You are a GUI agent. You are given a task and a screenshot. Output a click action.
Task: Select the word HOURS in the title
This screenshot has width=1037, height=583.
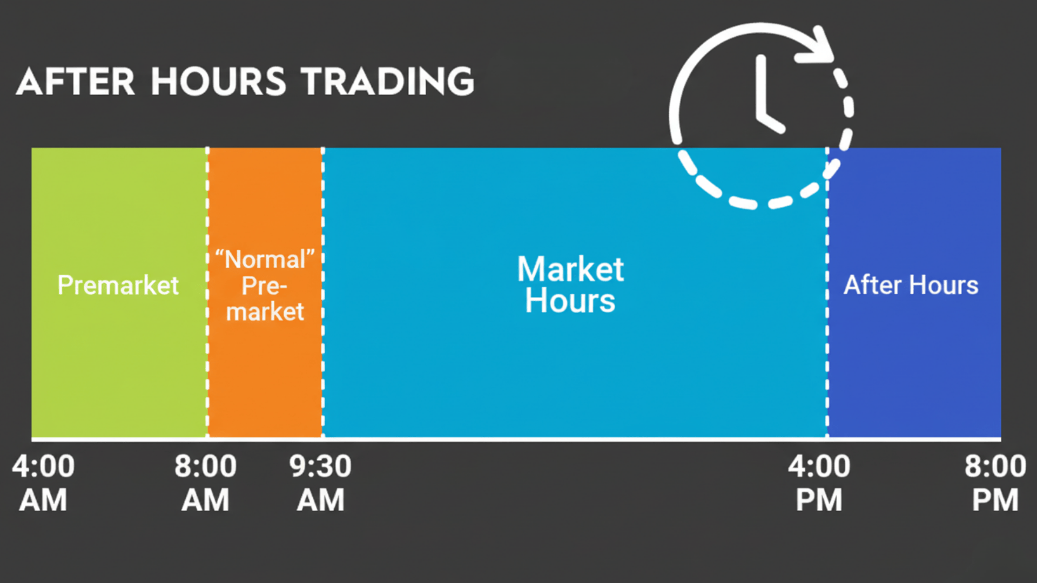[218, 82]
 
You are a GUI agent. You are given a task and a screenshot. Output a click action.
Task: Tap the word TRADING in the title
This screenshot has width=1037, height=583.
[387, 82]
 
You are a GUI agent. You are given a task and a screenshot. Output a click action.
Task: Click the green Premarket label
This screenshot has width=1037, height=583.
[118, 285]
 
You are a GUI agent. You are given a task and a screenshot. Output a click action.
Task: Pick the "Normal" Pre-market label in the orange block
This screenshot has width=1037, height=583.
[265, 286]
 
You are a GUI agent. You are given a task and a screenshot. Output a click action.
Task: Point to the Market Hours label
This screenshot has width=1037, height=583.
[570, 284]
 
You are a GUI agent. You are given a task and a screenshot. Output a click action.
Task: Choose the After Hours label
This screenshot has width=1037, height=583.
[911, 285]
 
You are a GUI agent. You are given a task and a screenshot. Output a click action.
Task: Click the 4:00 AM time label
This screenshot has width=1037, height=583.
[43, 483]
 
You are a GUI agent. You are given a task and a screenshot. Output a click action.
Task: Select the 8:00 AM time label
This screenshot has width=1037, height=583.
[205, 483]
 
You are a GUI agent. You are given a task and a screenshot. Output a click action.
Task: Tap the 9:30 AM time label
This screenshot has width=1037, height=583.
[320, 483]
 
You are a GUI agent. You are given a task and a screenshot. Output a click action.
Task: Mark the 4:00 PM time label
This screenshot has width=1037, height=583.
[819, 483]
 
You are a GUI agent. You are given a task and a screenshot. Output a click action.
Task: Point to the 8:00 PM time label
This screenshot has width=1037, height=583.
[995, 483]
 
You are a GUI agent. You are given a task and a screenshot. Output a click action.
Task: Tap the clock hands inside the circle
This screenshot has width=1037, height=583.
[765, 100]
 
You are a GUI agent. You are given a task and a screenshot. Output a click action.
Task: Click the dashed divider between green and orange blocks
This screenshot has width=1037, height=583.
[207, 351]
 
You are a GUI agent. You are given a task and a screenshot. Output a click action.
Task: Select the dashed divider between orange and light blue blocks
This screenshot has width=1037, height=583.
[323, 351]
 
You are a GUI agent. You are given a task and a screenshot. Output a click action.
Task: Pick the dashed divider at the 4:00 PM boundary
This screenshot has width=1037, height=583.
[827, 351]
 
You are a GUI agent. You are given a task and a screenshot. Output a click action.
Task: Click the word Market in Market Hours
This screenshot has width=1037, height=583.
[570, 269]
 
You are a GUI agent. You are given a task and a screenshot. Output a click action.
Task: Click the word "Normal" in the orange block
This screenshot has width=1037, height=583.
[265, 260]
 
